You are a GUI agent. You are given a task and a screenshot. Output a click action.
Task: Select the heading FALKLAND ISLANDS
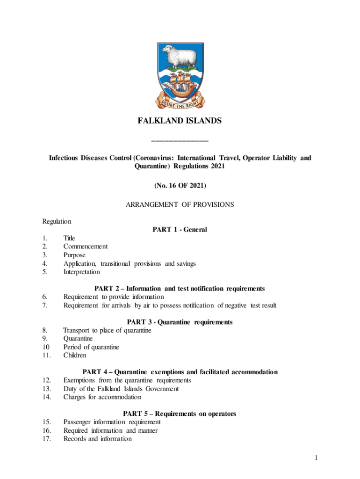(x=180, y=121)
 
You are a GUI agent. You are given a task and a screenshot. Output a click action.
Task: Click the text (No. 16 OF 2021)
(x=180, y=186)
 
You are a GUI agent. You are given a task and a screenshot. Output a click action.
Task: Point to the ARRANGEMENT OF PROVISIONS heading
(x=180, y=204)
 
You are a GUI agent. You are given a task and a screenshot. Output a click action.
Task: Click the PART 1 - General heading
(x=180, y=230)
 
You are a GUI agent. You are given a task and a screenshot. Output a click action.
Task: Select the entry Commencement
(x=86, y=246)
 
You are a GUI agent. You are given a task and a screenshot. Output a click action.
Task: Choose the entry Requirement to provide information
(x=114, y=297)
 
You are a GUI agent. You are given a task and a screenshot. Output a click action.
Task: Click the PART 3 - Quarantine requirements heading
(x=180, y=322)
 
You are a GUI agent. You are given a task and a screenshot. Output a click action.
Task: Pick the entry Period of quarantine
(x=91, y=347)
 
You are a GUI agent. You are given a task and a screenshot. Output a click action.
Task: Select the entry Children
(x=75, y=356)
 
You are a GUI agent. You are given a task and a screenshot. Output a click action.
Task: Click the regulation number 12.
(x=46, y=380)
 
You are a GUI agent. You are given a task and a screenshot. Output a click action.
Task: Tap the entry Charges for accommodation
(x=102, y=397)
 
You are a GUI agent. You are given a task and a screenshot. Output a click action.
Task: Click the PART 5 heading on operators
(x=180, y=414)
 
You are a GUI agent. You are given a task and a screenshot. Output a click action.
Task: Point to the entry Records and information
(x=97, y=439)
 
